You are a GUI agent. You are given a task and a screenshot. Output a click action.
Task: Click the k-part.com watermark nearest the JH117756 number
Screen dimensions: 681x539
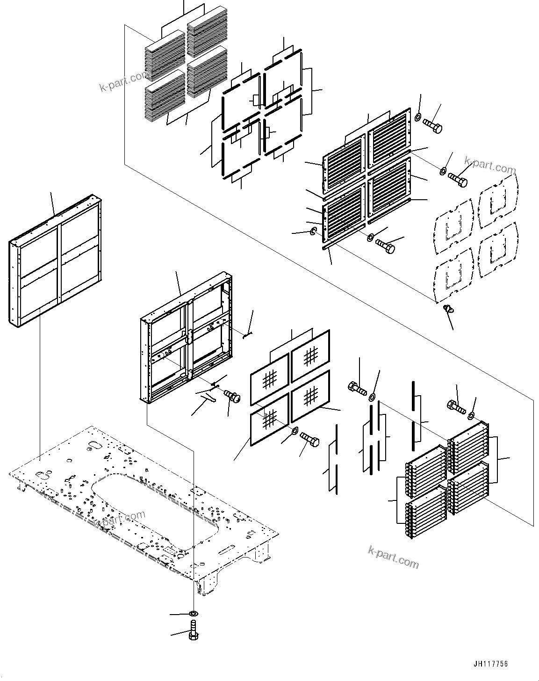[x=394, y=556]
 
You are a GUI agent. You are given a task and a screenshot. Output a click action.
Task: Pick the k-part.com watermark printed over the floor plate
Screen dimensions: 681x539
[x=119, y=519]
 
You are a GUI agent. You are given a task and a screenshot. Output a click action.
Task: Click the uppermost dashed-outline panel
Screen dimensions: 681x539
[x=497, y=202]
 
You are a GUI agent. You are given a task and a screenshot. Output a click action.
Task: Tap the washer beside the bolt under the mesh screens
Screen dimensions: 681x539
[x=295, y=430]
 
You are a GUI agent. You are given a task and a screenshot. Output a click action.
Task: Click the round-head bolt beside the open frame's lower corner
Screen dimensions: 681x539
[x=232, y=397]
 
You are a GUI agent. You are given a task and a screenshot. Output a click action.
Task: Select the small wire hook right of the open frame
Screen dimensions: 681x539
[x=248, y=333]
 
